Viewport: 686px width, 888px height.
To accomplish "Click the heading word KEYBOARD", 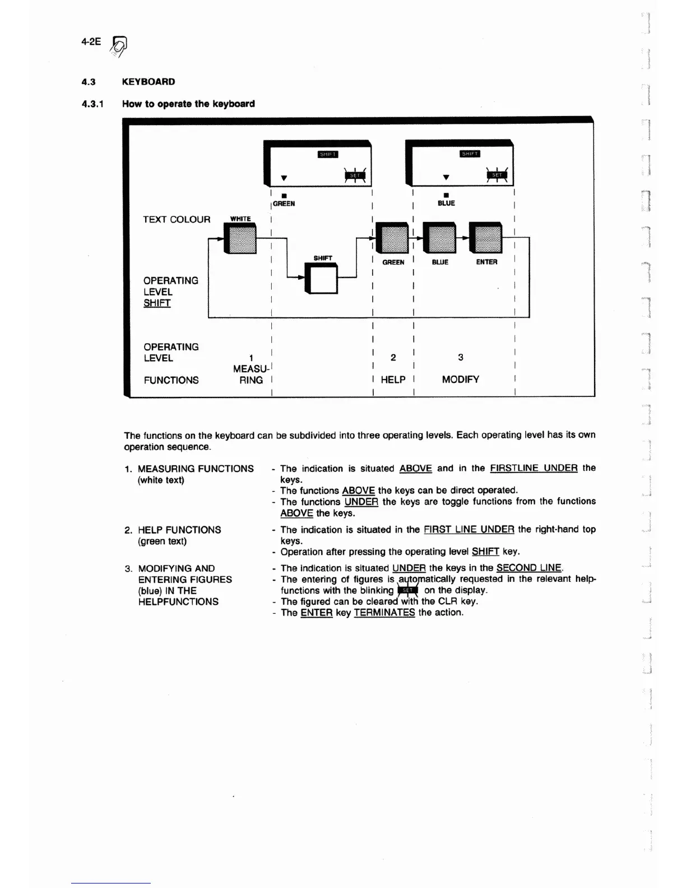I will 149,82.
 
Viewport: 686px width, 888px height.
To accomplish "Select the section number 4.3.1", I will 92,104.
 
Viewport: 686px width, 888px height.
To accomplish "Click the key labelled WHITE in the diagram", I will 240,238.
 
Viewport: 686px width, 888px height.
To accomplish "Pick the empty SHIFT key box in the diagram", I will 322,279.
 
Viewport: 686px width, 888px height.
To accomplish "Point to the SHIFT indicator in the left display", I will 328,155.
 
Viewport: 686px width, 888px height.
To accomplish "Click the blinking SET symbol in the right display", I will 497,175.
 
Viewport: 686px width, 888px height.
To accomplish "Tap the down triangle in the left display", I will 284,178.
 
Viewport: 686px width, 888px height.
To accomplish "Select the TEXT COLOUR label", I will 177,220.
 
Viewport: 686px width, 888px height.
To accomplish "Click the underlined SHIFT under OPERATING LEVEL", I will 157,303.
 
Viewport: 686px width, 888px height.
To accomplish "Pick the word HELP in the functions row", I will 393,380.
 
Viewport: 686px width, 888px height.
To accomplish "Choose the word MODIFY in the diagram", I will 460,380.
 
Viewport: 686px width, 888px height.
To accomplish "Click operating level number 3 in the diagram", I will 460,358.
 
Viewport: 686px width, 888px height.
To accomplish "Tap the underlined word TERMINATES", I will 384,613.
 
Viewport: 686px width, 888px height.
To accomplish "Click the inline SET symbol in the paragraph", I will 408,590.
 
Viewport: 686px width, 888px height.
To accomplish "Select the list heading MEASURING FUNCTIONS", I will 196,469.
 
